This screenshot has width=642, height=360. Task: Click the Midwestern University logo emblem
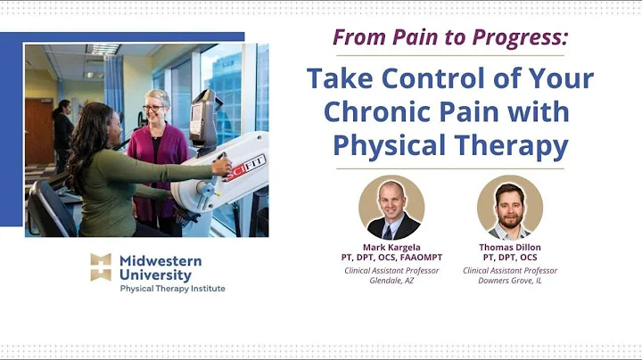pos(101,267)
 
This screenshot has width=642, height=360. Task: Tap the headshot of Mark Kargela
pos(391,207)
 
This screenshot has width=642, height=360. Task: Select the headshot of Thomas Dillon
pos(509,207)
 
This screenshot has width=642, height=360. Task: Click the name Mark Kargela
pos(391,247)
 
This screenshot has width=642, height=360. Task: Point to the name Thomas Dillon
pos(509,247)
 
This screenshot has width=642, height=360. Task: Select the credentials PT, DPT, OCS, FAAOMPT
pos(391,258)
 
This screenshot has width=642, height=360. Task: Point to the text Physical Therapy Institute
pos(172,289)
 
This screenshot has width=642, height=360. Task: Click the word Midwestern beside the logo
pos(160,260)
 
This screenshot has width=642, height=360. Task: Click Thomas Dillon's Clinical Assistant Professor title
pos(509,271)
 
